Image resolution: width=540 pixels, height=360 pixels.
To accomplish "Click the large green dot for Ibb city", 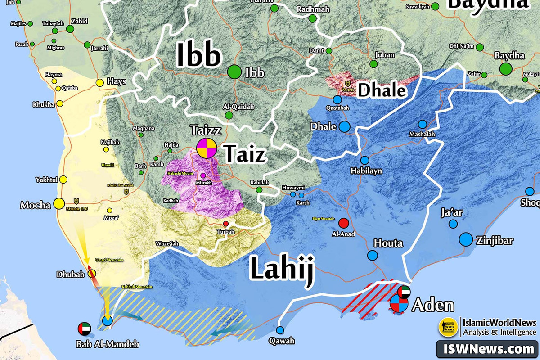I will (x=234, y=72).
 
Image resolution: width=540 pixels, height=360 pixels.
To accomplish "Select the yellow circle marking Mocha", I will (x=58, y=204).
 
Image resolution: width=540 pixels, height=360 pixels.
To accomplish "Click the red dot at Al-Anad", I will (x=343, y=223).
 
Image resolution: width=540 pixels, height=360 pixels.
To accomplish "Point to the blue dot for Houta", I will (x=372, y=256).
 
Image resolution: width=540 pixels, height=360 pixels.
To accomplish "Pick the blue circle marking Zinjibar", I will (x=466, y=239).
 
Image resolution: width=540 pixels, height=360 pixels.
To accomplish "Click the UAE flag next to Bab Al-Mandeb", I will (x=84, y=328).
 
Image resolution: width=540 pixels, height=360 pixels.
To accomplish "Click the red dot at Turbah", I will (x=226, y=224).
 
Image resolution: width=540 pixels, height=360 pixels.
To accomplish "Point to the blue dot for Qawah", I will (x=280, y=330).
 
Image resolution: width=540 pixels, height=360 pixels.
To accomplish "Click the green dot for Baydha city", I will (x=506, y=69).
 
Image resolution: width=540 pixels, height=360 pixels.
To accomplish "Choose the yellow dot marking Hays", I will (x=99, y=83).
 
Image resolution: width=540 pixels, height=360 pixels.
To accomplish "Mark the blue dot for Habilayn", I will (x=364, y=160).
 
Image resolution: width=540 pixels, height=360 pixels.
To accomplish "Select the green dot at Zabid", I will (x=70, y=29).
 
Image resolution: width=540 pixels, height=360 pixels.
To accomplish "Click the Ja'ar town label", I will (x=452, y=212).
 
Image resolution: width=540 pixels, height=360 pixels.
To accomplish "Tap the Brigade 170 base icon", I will (x=76, y=201).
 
